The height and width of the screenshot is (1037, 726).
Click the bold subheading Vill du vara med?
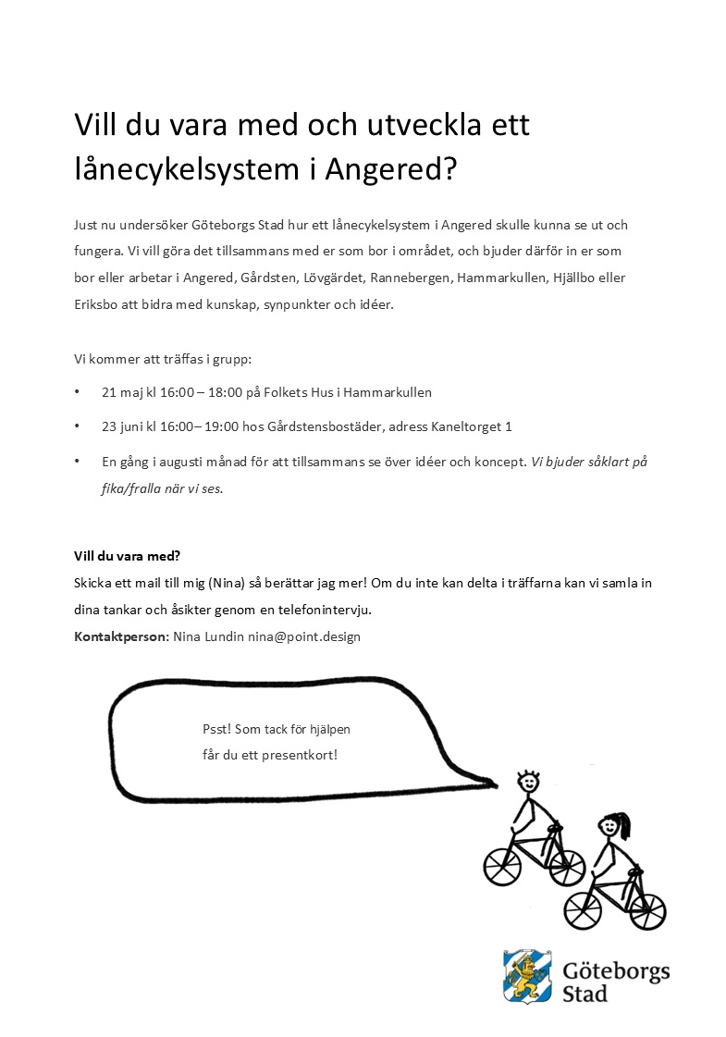[127, 556]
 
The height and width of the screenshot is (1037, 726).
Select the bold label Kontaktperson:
[122, 636]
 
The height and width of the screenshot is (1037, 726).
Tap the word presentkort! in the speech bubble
[302, 755]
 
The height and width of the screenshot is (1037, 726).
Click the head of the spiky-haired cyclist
[528, 782]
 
